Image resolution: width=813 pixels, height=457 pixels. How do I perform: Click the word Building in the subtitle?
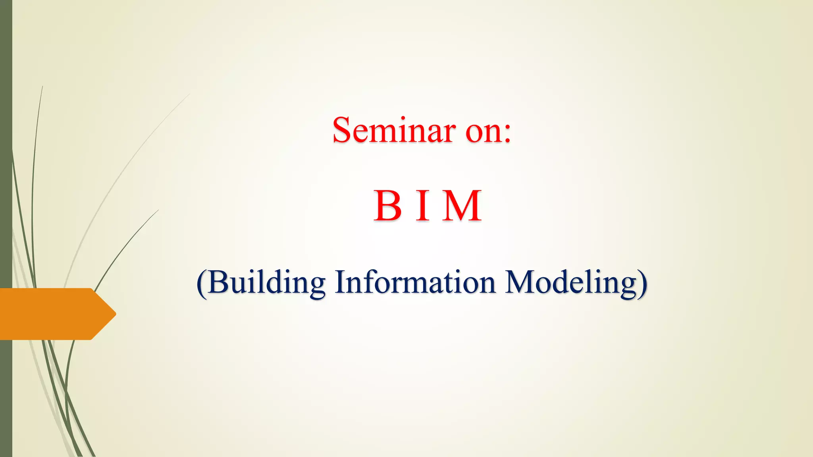tap(266, 282)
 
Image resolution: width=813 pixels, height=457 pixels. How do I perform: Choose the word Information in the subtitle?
tap(415, 282)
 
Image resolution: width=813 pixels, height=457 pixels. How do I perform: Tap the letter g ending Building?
tap(316, 286)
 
